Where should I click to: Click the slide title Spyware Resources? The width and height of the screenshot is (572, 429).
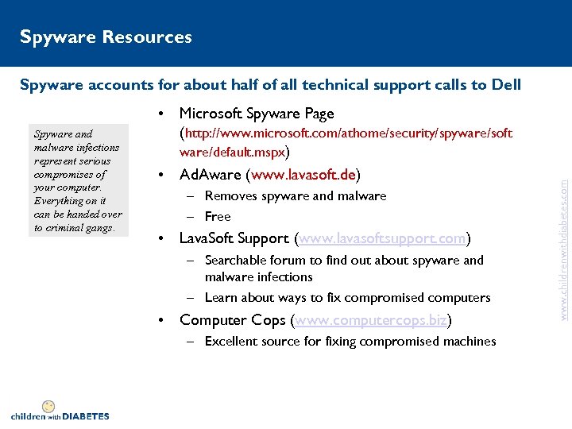106,37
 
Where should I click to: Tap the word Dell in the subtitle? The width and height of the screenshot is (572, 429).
506,85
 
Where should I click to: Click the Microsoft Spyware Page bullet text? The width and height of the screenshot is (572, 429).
257,114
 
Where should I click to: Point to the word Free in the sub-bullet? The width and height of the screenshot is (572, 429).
217,216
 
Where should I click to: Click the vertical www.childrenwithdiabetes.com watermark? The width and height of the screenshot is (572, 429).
563,238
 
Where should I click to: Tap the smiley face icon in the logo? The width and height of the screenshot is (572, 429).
48,406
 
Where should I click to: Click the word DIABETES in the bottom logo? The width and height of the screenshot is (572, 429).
86,415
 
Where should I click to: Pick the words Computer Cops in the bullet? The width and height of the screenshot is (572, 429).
234,320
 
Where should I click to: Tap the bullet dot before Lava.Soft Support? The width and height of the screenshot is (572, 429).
161,238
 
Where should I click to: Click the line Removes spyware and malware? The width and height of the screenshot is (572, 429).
295,195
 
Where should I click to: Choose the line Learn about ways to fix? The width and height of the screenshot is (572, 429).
347,298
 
